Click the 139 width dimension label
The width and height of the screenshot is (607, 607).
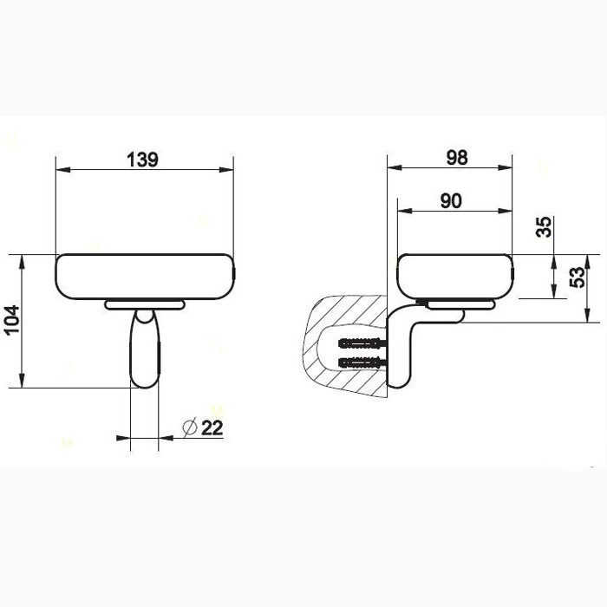[x=143, y=160]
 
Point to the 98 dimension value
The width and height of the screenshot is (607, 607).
[x=456, y=157]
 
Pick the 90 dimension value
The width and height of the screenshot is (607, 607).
[x=450, y=200]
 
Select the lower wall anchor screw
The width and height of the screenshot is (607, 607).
[x=363, y=361]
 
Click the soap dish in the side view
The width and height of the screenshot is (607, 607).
[x=454, y=276]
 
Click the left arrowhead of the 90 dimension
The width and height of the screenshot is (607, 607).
[x=401, y=212]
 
